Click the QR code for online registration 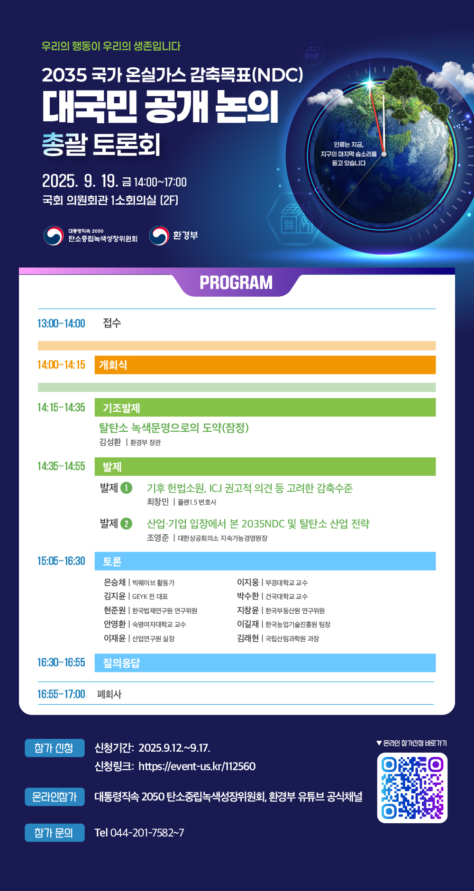click(x=412, y=788)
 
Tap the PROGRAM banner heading click(x=236, y=283)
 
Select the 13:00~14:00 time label click(x=61, y=324)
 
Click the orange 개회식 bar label click(x=113, y=365)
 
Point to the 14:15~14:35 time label click(x=61, y=408)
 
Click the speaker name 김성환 click(x=110, y=442)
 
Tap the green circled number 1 click(x=127, y=488)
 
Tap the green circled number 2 click(x=127, y=524)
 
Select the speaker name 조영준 click(x=158, y=538)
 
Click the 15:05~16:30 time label click(x=61, y=561)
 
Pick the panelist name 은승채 click(x=115, y=582)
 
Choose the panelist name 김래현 click(x=248, y=638)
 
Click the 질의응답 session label click(x=121, y=663)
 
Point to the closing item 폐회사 click(x=109, y=694)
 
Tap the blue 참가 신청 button click(x=55, y=748)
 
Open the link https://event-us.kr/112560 click(x=197, y=766)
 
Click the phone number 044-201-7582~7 click(x=147, y=833)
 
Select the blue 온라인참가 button click(x=55, y=797)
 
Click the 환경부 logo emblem click(x=159, y=236)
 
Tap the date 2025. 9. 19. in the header click(x=80, y=181)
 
